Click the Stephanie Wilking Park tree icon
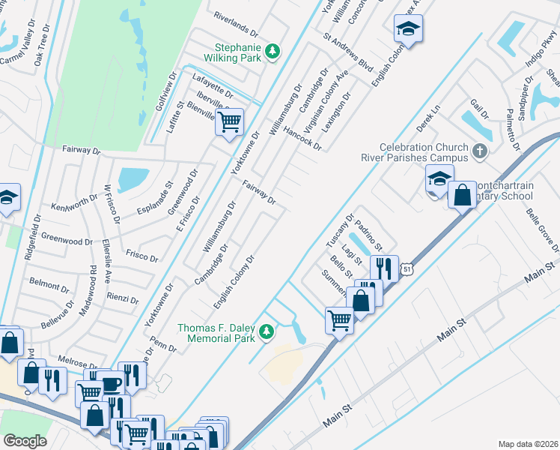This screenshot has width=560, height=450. click(274, 50)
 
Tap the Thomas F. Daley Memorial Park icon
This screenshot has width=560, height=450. click(266, 331)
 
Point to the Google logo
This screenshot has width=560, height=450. click(25, 440)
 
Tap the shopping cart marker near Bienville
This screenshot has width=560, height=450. click(230, 121)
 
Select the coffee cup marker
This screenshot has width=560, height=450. click(111, 383)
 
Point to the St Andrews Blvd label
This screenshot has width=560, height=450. click(348, 51)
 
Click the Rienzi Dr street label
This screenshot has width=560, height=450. click(123, 298)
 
